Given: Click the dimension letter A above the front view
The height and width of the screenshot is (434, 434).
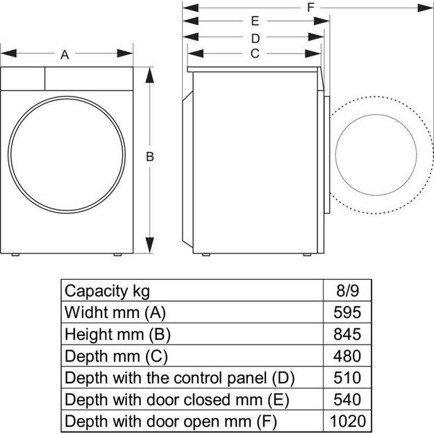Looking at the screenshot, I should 65,55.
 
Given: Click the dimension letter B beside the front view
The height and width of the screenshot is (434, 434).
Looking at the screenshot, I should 149,158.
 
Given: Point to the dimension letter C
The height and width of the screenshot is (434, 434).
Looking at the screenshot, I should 255,53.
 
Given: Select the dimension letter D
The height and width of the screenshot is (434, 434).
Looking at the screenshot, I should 255,37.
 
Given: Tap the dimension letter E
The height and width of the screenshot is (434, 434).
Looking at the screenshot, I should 255,22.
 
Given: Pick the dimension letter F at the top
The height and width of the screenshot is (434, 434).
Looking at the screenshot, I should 310,7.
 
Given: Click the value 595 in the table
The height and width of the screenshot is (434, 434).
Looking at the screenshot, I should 347,312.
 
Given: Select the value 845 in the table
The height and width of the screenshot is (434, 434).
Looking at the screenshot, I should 347,334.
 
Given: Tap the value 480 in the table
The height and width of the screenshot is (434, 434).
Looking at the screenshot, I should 347,356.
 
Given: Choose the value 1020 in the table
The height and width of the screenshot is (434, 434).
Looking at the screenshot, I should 347,421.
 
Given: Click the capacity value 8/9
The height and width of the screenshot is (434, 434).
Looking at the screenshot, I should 347,290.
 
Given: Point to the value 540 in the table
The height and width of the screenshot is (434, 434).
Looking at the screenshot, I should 347,399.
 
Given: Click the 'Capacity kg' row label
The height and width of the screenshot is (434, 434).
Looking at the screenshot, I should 106,290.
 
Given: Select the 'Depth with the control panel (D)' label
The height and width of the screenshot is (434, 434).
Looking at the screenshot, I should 179,378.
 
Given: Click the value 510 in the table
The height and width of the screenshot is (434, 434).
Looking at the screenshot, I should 347,378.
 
